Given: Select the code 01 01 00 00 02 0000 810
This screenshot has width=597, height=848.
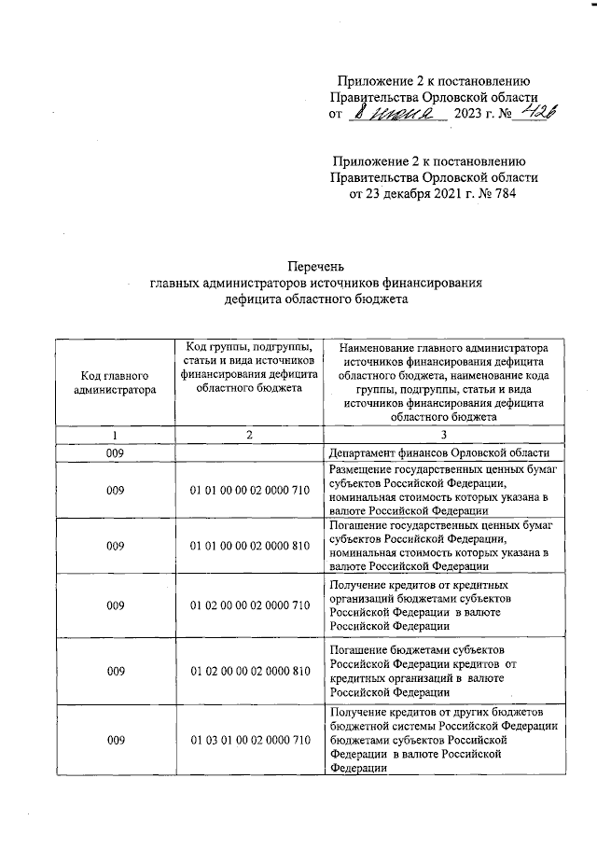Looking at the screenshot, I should pos(249,546).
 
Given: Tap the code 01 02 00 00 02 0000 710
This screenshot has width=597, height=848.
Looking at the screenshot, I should pos(249,605).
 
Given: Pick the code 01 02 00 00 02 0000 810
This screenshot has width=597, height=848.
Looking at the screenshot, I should pos(249,671).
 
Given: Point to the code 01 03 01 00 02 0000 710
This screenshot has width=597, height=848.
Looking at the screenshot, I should pos(249,741).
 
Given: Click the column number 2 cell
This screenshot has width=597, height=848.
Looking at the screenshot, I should pos(249,436).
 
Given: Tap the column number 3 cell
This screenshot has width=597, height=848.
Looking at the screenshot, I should pos(444,436).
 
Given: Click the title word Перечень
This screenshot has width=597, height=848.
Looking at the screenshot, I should pos(298,270).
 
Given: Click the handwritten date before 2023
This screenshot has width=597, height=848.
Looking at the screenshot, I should pos(396,114).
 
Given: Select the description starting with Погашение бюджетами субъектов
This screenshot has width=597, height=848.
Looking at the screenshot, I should pos(438,671).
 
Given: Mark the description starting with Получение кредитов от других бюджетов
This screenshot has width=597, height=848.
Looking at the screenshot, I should pos(444,741).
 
